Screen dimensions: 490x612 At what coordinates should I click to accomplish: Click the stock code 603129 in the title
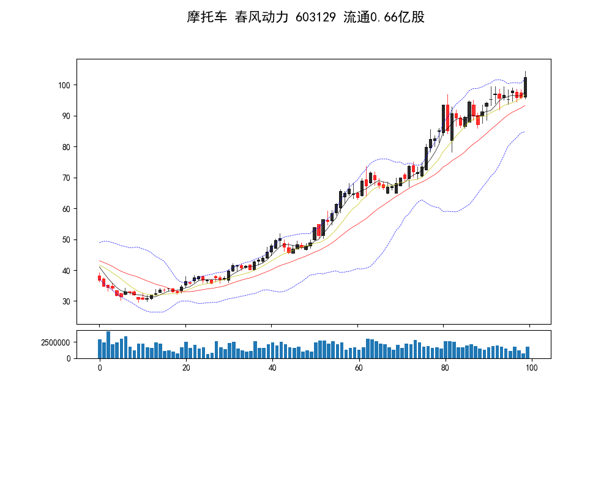pos(315,17)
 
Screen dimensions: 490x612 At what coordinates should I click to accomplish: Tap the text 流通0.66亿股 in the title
pos(384,17)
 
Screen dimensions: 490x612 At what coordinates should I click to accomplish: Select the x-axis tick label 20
pos(186,367)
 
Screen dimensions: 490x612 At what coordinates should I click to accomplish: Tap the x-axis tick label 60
pos(359,367)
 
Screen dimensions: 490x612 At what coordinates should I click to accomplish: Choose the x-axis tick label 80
pos(445,367)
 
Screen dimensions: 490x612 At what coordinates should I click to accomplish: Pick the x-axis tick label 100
pos(531,367)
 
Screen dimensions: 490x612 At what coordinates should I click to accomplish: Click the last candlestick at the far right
pos(526,87)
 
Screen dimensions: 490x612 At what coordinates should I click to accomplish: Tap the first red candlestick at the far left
pos(99,278)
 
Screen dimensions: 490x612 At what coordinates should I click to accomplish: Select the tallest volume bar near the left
pos(108,345)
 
